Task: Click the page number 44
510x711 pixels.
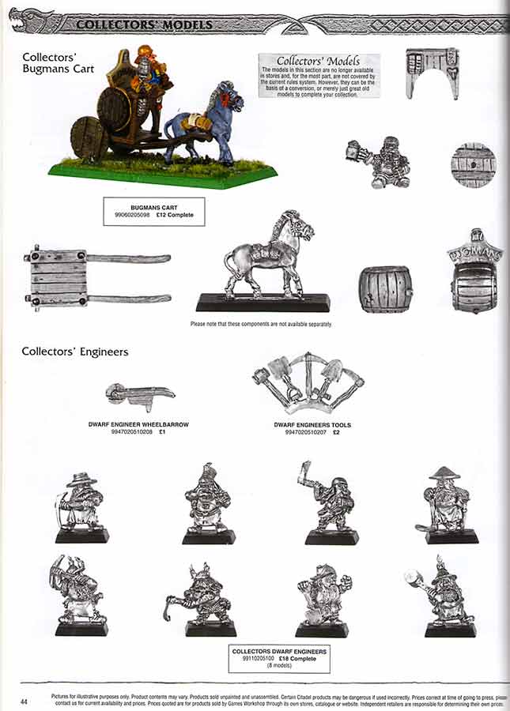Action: click(x=25, y=702)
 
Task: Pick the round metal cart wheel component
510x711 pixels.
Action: click(x=474, y=164)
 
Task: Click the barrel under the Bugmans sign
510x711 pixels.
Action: click(x=474, y=287)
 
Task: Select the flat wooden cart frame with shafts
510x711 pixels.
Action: click(x=95, y=276)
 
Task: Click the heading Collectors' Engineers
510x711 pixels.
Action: click(x=75, y=352)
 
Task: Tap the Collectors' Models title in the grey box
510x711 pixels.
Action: click(x=319, y=61)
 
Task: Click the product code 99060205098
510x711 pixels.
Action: click(x=130, y=216)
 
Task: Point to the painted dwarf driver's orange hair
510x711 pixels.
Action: click(x=146, y=52)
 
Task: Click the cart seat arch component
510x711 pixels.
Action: click(x=432, y=72)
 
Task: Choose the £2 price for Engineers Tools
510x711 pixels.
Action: click(x=335, y=432)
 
